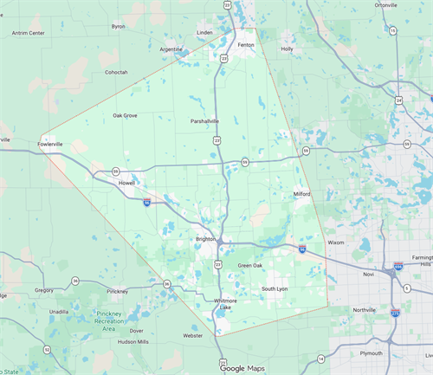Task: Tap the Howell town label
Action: pyautogui.click(x=127, y=183)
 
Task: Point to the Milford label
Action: pyautogui.click(x=301, y=194)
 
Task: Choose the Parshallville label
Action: pyautogui.click(x=209, y=121)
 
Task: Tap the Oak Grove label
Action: pyautogui.click(x=125, y=115)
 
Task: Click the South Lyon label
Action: pyautogui.click(x=275, y=288)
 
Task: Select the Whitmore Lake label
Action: pyautogui.click(x=225, y=303)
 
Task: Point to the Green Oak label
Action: pyautogui.click(x=251, y=265)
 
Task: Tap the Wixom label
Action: pyautogui.click(x=336, y=242)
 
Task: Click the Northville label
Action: pyautogui.click(x=365, y=309)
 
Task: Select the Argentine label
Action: pyautogui.click(x=171, y=49)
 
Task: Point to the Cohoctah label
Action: pyautogui.click(x=116, y=72)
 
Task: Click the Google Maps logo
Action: pyautogui.click(x=243, y=368)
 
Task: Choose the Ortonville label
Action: pyautogui.click(x=391, y=5)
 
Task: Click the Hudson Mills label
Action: pyautogui.click(x=139, y=341)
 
